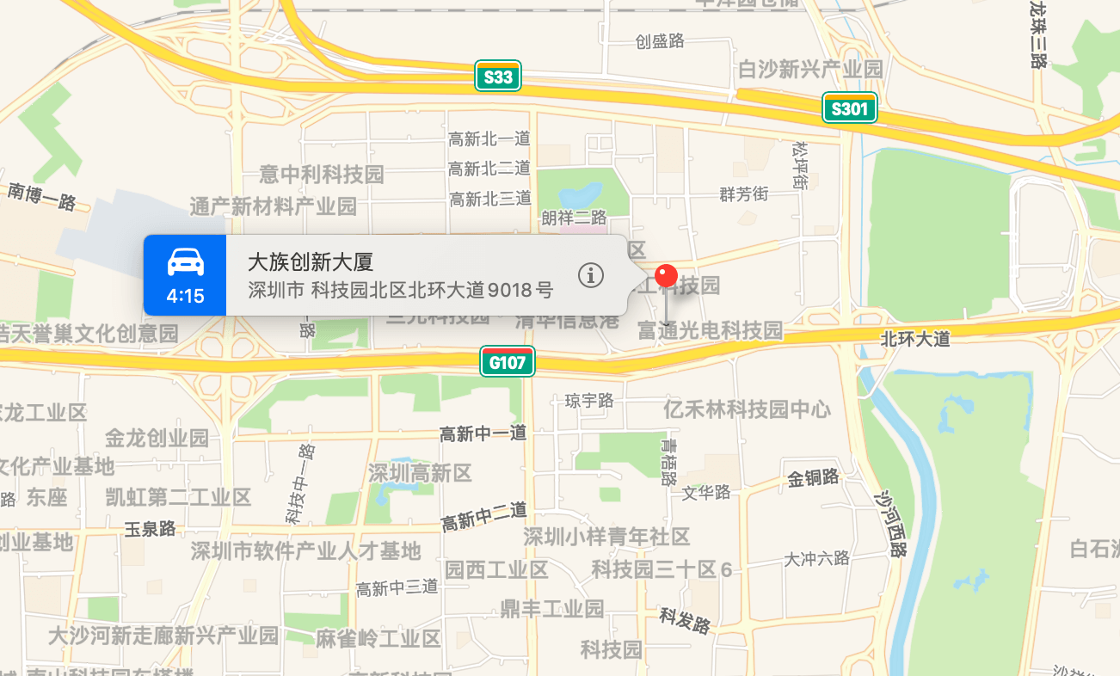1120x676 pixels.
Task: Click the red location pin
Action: (x=667, y=277)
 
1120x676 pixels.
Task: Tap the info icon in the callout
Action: (x=591, y=275)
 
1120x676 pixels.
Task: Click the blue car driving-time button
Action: (x=185, y=275)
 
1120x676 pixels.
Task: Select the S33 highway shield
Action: (x=499, y=77)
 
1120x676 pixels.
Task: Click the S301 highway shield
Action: (x=850, y=108)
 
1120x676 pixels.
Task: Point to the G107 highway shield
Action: (x=508, y=362)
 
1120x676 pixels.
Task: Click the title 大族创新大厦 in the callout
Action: (x=311, y=262)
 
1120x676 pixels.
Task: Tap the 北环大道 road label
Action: (x=915, y=339)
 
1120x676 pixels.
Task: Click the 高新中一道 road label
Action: (x=483, y=433)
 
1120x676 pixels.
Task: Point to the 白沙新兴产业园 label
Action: (x=810, y=70)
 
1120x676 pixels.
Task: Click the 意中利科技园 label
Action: (x=322, y=175)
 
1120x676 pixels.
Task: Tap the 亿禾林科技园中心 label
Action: (x=747, y=409)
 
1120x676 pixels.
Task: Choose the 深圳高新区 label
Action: (x=420, y=472)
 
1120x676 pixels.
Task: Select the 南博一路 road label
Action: (x=43, y=196)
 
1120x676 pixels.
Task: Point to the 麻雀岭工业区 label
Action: (x=378, y=638)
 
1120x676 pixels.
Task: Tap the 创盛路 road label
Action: (x=660, y=40)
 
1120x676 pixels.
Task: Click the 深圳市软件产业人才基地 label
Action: (x=305, y=550)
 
